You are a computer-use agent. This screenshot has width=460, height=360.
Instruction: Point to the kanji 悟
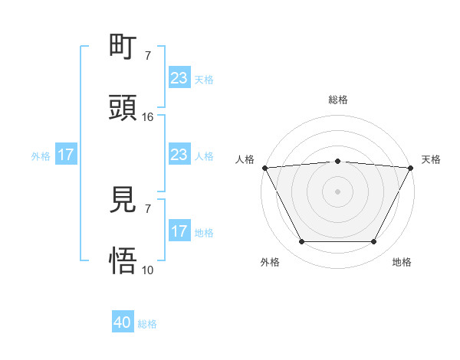click(x=123, y=261)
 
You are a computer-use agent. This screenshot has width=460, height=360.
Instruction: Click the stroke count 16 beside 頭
click(x=148, y=117)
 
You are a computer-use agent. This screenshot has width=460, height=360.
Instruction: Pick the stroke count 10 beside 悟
click(x=148, y=270)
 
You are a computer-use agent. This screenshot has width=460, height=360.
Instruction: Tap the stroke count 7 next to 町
click(x=148, y=56)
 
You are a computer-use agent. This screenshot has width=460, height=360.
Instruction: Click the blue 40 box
click(x=123, y=323)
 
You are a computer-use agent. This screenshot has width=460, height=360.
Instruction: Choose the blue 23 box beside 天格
click(x=179, y=78)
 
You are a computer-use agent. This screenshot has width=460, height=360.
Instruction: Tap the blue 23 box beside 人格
click(x=179, y=155)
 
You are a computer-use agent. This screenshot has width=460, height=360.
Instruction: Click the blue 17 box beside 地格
click(x=179, y=231)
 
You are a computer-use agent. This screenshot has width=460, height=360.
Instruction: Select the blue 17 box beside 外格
click(x=66, y=155)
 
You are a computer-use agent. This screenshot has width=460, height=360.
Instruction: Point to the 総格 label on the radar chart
click(x=338, y=100)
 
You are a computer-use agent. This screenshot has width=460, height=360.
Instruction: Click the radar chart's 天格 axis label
click(x=432, y=159)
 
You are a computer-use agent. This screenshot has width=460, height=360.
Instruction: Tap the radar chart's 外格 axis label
click(x=270, y=262)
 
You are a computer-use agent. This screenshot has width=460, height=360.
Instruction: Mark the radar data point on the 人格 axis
click(x=264, y=168)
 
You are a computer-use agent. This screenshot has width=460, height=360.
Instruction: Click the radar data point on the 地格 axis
click(x=374, y=242)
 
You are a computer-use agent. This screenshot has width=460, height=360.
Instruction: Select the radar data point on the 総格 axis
click(x=338, y=161)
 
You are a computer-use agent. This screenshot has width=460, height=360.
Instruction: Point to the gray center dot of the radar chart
click(x=338, y=191)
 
